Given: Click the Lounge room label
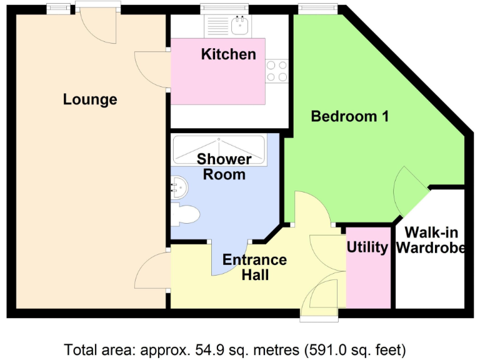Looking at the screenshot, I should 90,99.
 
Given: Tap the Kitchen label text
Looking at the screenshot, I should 228,54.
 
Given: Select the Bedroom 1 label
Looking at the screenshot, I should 350,116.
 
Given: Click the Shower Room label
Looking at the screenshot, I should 224,167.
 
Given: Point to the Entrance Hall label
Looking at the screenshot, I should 255,267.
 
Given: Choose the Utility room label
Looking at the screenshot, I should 367,247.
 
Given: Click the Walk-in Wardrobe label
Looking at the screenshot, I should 431,241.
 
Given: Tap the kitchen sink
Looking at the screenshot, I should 240,26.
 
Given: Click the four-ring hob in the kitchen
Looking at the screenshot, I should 277,70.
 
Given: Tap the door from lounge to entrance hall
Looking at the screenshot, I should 152,271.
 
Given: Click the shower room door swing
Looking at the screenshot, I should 231,259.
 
